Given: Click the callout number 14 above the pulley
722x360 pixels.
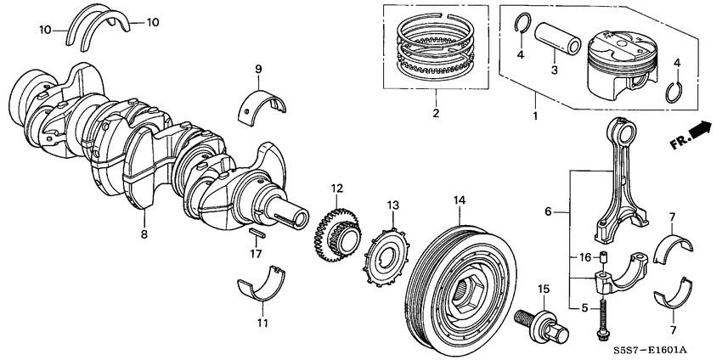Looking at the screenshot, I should coord(460,200).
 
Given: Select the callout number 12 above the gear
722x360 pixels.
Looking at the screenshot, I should coord(337,188).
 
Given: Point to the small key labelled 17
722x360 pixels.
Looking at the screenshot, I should coord(258,233).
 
